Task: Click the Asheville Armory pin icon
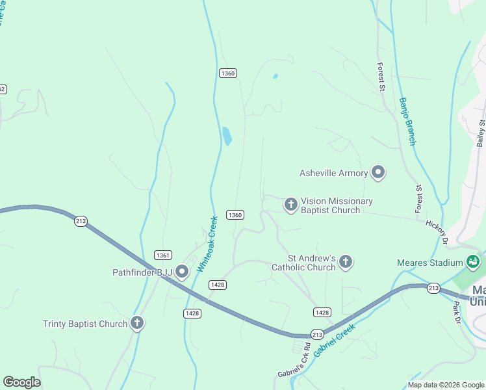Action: (378, 172)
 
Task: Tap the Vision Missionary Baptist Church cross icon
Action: (291, 205)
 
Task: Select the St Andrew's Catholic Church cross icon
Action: (346, 261)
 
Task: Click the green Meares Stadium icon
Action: (473, 262)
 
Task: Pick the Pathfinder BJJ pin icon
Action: (183, 272)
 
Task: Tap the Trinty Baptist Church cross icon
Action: (136, 323)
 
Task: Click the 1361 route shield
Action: (162, 255)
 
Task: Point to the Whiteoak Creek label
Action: (206, 244)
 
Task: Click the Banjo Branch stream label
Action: (407, 121)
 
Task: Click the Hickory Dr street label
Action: (437, 231)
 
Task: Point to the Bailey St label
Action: (481, 133)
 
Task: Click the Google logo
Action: (21, 382)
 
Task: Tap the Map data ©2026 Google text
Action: (446, 385)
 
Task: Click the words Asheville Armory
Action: (333, 173)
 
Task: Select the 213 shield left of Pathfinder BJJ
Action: (81, 220)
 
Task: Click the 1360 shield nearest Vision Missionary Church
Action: (235, 214)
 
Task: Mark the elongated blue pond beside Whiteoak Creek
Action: (227, 136)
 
